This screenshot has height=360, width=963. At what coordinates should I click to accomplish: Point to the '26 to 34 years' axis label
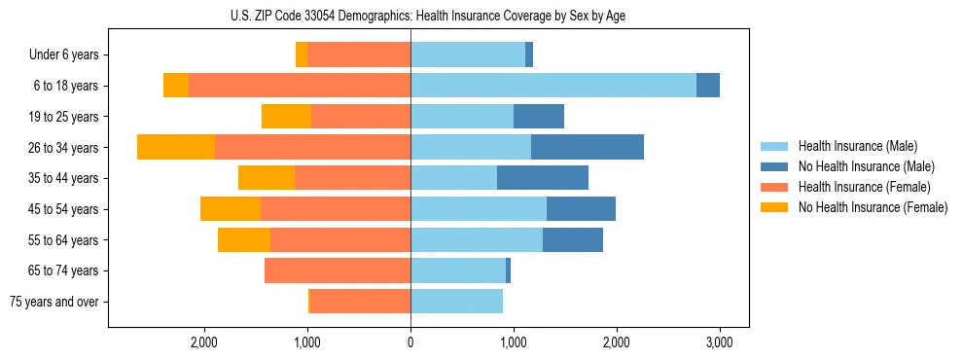coord(63,148)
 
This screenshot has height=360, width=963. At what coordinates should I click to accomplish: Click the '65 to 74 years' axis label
coord(63,270)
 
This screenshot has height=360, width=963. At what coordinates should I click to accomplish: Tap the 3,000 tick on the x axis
coord(719,342)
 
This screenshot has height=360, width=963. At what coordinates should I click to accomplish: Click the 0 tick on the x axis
coord(410,342)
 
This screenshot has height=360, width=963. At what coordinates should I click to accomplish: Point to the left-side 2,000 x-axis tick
coord(204,342)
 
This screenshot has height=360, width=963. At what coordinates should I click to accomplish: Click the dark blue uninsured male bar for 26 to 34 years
coord(588,147)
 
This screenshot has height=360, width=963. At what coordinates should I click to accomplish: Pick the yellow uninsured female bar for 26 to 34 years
coord(176,147)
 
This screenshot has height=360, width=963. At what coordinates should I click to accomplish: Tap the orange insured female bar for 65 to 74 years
coord(338,270)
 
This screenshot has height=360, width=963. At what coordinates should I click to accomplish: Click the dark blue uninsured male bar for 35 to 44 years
coord(543,178)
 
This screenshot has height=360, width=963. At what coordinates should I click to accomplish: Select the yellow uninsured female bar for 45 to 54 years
coord(231,209)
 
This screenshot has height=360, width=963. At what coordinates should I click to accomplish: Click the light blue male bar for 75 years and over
coord(456,302)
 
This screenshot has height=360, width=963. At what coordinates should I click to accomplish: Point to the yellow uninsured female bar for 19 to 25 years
coord(286,117)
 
